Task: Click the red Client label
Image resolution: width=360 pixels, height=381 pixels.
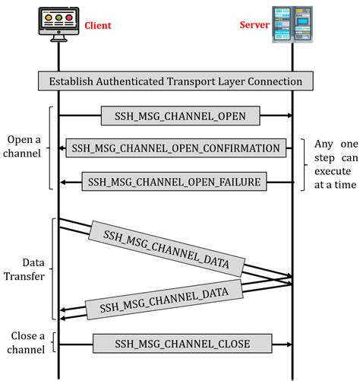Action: coord(97,25)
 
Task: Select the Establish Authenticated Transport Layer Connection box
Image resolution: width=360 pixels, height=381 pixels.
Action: coord(175,81)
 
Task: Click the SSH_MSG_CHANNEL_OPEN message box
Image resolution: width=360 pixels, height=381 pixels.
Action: coord(181,116)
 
